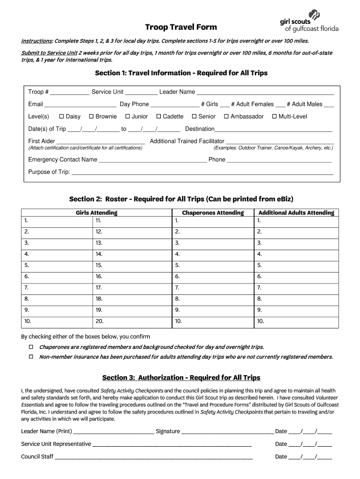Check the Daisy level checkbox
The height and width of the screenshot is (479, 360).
point(61,116)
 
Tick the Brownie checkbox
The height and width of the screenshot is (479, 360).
point(92,116)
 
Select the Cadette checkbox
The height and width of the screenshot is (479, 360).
point(158,116)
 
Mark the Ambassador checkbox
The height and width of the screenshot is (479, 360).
point(226,116)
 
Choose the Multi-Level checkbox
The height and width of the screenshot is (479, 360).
point(274,116)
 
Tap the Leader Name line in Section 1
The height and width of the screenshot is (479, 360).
point(265,92)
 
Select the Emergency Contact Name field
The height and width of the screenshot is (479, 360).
point(152,160)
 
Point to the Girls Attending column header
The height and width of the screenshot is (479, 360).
point(96,213)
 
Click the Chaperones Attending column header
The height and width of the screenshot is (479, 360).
point(213,213)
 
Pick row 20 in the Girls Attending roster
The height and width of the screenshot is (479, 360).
point(132,321)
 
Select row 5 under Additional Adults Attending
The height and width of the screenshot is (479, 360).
point(296,265)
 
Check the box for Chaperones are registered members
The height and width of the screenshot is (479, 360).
point(31,347)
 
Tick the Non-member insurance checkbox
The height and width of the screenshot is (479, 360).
point(31,357)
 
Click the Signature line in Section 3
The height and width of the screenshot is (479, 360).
point(227,432)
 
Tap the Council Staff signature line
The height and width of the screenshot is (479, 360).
point(154,457)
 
